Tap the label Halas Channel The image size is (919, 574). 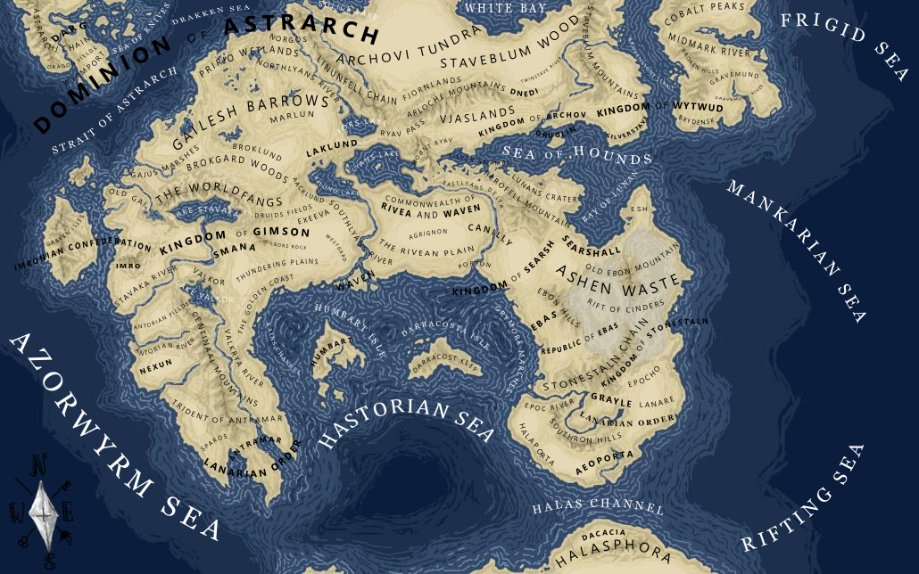pos(598,508)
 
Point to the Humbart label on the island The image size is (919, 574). pos(327,353)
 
